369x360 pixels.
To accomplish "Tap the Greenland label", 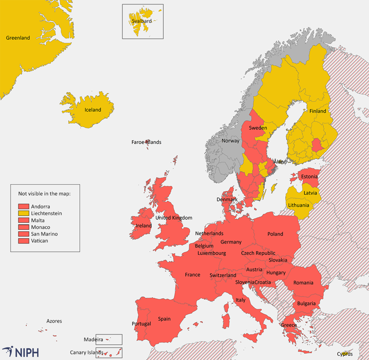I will pyautogui.click(x=18, y=38).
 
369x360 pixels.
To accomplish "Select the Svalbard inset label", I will pyautogui.click(x=141, y=21).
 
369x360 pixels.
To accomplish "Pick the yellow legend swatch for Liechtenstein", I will pyautogui.click(x=24, y=213).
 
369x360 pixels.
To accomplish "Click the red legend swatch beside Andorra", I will pyautogui.click(x=24, y=206).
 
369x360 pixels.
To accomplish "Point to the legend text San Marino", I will pyautogui.click(x=44, y=234).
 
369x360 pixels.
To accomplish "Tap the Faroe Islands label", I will pyautogui.click(x=146, y=142).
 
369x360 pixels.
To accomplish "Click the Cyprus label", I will pyautogui.click(x=345, y=354).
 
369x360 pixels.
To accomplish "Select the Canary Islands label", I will pyautogui.click(x=86, y=353).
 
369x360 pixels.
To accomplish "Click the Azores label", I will pyautogui.click(x=54, y=321).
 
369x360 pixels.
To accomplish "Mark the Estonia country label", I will pyautogui.click(x=309, y=176).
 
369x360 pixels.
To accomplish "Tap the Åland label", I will pyautogui.click(x=280, y=162).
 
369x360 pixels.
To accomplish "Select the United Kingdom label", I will pyautogui.click(x=173, y=218).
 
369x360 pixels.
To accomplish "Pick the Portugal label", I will pyautogui.click(x=141, y=324).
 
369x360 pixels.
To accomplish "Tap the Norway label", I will pyautogui.click(x=231, y=141).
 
